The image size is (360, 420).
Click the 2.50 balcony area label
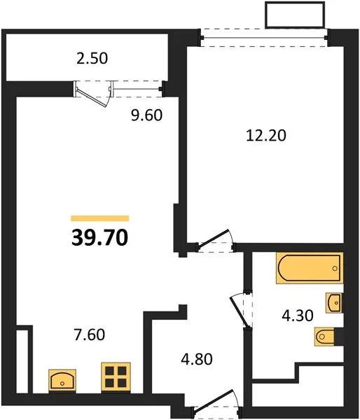coord(92,59)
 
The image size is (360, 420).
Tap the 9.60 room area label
coord(146,115)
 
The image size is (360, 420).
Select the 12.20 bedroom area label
coord(266,135)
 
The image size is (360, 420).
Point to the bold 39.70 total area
coord(99,238)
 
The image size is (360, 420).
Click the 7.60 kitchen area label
coord(89,335)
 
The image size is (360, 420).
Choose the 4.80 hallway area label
coord(197,359)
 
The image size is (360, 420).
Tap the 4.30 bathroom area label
coord(298,315)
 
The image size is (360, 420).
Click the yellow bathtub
coord(310,268)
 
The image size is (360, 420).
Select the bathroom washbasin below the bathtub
coord(334,302)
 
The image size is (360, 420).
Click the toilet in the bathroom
coord(325,337)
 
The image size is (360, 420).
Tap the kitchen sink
coord(62,381)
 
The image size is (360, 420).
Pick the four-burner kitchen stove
coord(116,377)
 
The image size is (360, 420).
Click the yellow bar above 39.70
coord(99,218)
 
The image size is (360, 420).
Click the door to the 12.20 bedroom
coord(216,239)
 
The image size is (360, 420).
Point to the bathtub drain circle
coord(335,268)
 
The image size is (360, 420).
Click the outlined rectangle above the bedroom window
coord(295,15)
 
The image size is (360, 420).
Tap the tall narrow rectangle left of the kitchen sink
coord(22,362)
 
